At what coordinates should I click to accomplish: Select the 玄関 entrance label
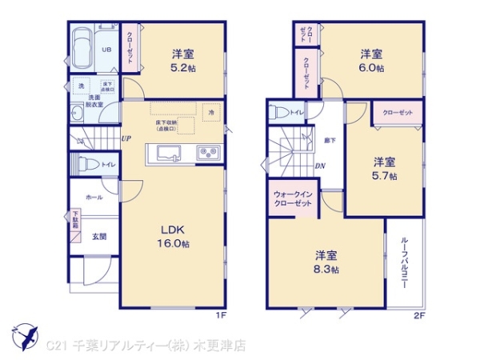pos(98,236)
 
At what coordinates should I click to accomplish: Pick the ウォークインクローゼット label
pos(292,198)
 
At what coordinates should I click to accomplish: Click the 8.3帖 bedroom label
pos(326,262)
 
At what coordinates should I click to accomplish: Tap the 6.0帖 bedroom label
pos(370,62)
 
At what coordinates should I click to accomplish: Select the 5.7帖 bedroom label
pos(384,169)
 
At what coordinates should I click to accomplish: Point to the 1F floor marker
pos(220,314)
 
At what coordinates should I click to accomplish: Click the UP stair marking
pos(126,138)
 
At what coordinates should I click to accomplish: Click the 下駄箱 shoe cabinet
pos(77,219)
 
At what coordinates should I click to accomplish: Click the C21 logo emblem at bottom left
pos(24,335)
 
